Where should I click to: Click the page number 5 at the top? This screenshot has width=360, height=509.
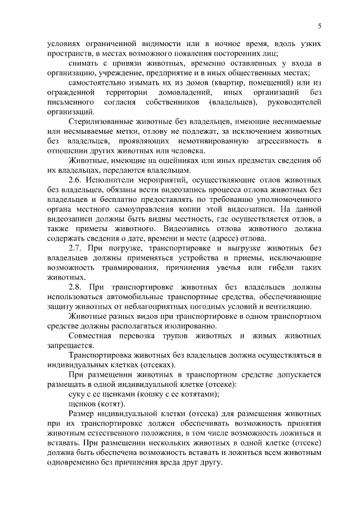coord(319,25)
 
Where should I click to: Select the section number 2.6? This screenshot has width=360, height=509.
coord(76,180)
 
